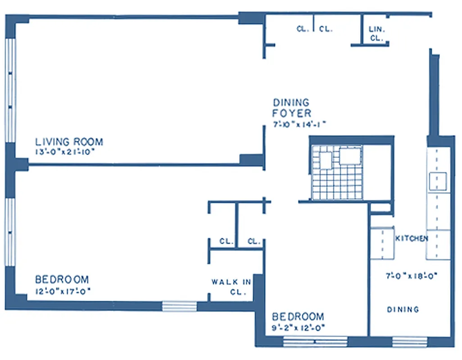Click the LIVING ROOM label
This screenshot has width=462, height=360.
(69, 142)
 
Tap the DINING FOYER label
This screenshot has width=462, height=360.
(292, 108)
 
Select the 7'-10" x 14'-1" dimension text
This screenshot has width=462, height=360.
(299, 124)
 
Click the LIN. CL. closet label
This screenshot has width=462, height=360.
(376, 34)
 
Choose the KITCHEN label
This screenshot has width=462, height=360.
(411, 238)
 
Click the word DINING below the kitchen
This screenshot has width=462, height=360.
(403, 310)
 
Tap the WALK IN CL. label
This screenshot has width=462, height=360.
(231, 287)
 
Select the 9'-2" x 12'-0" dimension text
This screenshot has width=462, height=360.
(298, 327)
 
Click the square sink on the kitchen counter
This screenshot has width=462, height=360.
(437, 181)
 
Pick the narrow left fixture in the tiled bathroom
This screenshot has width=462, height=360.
(326, 160)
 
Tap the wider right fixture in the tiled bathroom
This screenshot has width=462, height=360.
(350, 156)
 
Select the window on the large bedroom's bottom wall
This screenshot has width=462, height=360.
(179, 306)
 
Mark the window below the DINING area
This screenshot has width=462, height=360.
(409, 342)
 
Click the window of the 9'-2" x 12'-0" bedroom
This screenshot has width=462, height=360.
(315, 342)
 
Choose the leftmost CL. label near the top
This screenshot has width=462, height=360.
(303, 29)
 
